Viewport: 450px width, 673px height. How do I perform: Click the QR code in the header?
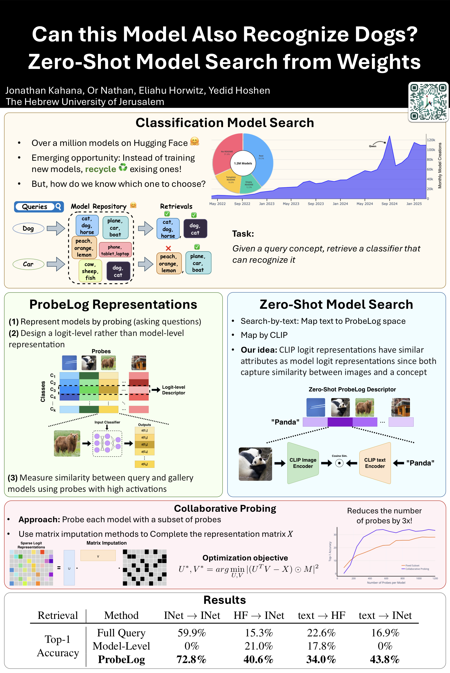coord(428,101)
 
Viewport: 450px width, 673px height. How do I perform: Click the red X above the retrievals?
coord(168,248)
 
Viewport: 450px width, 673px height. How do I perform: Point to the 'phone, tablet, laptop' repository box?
coord(115,250)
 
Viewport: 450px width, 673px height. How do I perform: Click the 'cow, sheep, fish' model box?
coord(90,271)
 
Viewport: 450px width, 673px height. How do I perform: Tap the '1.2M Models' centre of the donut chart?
coord(243,163)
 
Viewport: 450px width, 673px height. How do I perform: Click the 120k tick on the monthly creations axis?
coord(431,140)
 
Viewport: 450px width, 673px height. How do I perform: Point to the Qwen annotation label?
coord(372,146)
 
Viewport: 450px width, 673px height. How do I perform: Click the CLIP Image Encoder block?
coord(303,463)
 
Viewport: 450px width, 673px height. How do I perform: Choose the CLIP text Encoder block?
coord(375,463)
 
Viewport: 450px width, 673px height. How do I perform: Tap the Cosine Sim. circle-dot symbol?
coord(339,463)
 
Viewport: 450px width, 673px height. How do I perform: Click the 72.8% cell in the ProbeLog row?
coord(191,659)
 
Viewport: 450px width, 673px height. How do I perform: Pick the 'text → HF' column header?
coord(321,615)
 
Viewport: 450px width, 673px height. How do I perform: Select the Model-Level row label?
coord(121,646)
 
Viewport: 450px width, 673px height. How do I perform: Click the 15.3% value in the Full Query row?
coord(259,633)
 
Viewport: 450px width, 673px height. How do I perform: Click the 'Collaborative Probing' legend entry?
coord(417,569)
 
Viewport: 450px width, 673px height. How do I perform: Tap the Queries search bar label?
coord(35,207)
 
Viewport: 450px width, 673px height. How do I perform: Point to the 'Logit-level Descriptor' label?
coord(173,390)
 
